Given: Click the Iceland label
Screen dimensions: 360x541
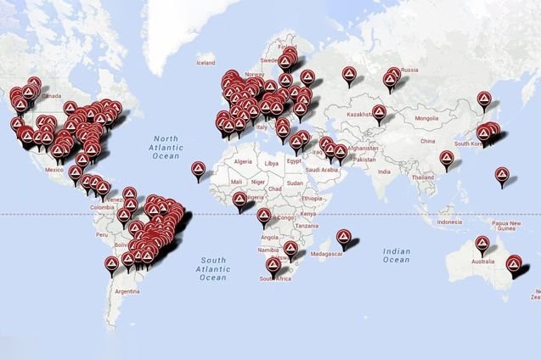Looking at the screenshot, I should (x=206, y=62).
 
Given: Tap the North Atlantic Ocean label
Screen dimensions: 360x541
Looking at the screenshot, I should (x=166, y=146).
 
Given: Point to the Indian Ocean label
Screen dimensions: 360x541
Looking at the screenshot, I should (x=397, y=256).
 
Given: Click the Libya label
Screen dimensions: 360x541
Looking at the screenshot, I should (x=271, y=162).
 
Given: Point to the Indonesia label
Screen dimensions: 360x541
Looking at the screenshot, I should (x=449, y=222).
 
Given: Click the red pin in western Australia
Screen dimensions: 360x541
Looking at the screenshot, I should (x=485, y=247).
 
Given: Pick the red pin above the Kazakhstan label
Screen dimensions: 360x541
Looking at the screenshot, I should (x=379, y=111).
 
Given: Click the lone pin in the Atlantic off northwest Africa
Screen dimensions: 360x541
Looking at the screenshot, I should (x=199, y=168).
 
